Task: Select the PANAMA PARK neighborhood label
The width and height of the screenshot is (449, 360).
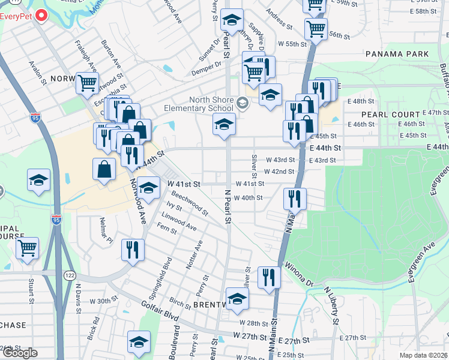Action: (x=397, y=54)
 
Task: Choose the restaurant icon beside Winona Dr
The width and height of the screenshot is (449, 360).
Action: (x=269, y=277)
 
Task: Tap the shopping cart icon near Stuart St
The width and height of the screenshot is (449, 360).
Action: (x=28, y=247)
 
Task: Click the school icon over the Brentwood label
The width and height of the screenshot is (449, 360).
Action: (x=237, y=298)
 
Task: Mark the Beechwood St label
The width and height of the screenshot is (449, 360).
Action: (x=190, y=203)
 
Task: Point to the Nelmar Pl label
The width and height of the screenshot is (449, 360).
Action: (x=106, y=232)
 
